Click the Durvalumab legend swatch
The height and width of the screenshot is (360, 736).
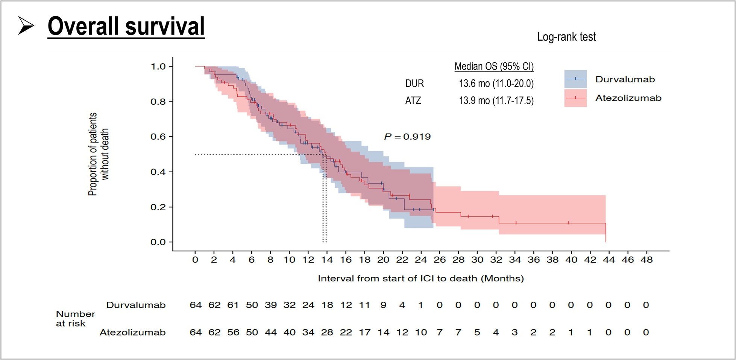click(x=575, y=79)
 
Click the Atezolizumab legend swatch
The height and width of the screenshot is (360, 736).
click(x=575, y=98)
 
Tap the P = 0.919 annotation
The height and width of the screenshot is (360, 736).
click(x=407, y=137)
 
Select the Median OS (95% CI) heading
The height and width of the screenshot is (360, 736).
click(x=494, y=67)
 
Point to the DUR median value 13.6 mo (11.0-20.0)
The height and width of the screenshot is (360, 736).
click(x=496, y=84)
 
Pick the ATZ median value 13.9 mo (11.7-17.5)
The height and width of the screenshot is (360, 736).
click(x=496, y=101)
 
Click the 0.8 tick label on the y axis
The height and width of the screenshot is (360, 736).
click(x=158, y=102)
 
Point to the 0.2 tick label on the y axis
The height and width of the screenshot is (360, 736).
click(x=158, y=207)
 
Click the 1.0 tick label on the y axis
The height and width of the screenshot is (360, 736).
click(x=158, y=67)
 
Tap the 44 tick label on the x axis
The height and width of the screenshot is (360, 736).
click(x=609, y=260)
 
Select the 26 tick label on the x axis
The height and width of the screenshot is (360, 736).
click(x=440, y=260)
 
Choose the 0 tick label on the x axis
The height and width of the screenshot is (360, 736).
click(x=195, y=260)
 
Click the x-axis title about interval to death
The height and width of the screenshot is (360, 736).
click(x=421, y=278)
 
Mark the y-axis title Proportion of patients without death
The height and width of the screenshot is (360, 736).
click(x=98, y=154)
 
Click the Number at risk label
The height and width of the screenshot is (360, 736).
click(x=75, y=319)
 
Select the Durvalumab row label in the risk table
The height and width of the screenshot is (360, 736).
click(x=136, y=305)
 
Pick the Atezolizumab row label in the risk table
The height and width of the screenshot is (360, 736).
click(x=132, y=333)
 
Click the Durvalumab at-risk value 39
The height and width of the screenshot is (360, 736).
click(x=271, y=305)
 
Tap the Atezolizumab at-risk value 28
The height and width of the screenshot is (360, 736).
click(x=327, y=333)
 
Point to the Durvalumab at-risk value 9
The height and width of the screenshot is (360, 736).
click(x=383, y=305)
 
